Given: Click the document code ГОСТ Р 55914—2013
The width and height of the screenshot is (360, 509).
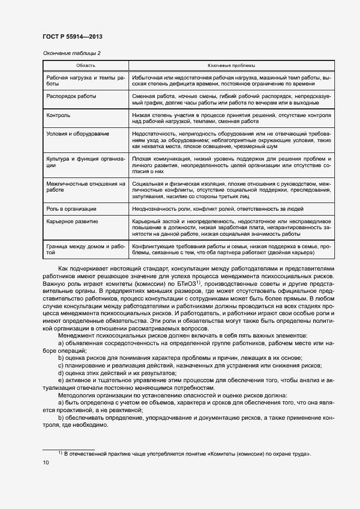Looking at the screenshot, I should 72,36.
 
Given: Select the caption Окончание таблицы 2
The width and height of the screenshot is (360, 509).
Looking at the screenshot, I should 71,53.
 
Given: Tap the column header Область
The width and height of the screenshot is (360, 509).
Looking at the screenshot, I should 86,65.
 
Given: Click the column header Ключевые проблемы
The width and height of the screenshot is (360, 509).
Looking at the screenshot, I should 231,65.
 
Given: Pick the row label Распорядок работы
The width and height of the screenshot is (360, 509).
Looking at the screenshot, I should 71,96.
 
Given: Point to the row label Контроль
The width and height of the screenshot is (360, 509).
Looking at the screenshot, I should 59,115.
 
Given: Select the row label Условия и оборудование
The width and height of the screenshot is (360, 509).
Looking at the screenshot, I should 78,133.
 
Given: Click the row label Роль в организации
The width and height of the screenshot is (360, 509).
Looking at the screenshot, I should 71,208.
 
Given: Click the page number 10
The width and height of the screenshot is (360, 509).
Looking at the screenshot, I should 46,462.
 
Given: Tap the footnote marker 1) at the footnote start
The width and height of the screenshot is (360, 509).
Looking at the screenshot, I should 60,453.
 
